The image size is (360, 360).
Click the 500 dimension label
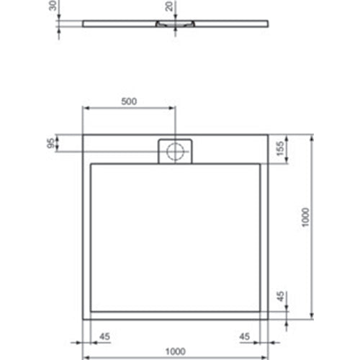128,101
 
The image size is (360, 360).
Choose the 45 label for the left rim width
104,335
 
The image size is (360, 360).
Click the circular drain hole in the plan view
176,151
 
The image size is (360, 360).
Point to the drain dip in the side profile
176,24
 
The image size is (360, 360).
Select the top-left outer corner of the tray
83,134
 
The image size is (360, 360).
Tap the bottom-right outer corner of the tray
269,318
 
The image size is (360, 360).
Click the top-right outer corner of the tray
269,134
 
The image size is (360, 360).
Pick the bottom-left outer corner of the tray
83,318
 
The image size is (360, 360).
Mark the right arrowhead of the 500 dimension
173,109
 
